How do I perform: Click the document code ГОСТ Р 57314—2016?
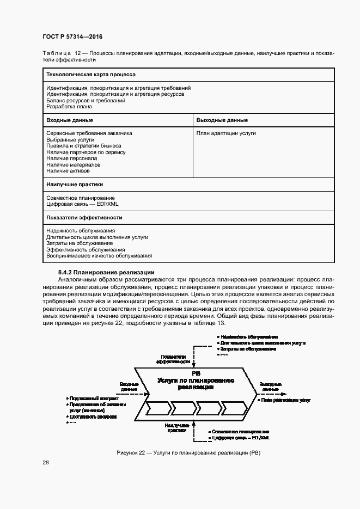click(x=72, y=36)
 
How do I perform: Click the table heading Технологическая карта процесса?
click(x=91, y=74)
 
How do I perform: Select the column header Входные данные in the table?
click(x=70, y=120)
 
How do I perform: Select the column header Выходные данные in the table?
click(x=222, y=120)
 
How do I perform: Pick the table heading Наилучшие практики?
click(x=75, y=185)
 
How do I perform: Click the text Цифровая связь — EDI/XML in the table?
click(x=82, y=204)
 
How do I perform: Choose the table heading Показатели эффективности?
click(x=84, y=217)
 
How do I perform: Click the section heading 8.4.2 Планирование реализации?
click(x=107, y=272)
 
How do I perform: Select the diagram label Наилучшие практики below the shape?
click(x=178, y=427)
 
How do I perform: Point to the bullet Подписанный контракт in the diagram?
click(x=93, y=398)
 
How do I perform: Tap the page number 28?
click(x=46, y=477)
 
